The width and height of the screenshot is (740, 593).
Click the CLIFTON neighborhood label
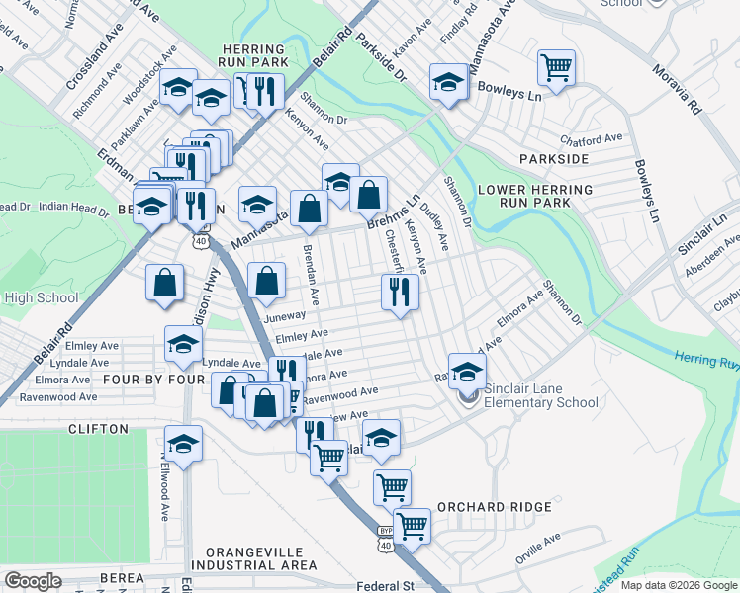pos(98,429)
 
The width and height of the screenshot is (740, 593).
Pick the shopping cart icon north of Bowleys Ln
pos(556,68)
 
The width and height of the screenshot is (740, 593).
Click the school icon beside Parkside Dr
pos(448,81)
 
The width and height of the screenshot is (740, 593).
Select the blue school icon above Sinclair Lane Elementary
pos(467,371)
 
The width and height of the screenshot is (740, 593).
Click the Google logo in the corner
pos(34,581)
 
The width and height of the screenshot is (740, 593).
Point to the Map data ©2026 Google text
pos(679,585)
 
